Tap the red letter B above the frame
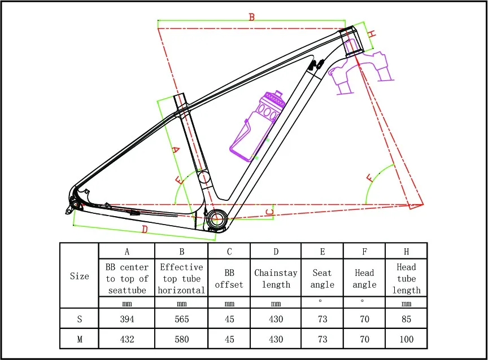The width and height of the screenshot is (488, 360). point(252,17)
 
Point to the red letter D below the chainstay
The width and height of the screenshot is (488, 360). point(145,230)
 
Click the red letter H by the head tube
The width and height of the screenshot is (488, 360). point(371,34)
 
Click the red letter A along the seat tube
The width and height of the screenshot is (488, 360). point(175,150)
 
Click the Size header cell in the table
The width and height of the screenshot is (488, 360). point(80,276)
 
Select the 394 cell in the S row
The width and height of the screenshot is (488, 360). point(127,319)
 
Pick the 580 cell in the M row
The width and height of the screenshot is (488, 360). point(182,339)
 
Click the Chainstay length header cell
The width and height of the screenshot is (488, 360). point(276,279)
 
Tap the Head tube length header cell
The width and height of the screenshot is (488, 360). point(406,279)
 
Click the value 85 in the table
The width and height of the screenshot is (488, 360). point(406,319)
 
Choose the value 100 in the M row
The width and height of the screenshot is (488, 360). point(406,339)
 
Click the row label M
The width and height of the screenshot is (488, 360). point(80,339)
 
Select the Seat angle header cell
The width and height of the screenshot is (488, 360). point(323,279)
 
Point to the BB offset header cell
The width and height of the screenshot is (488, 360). point(229,279)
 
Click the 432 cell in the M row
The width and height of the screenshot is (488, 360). point(127,339)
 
